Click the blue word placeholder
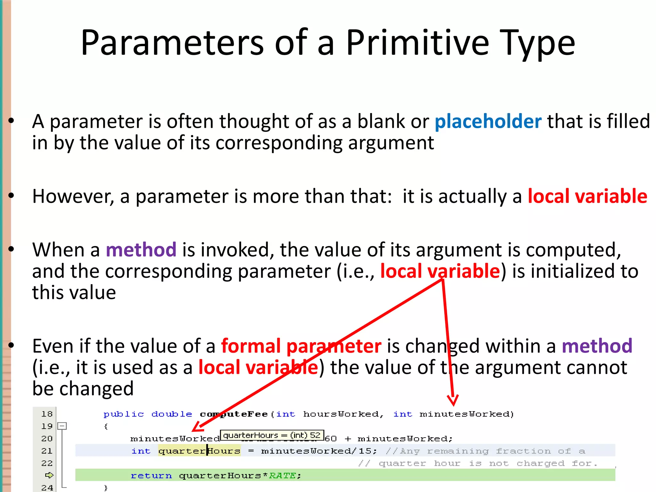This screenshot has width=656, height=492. pos(488,121)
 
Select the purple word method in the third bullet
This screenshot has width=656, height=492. pos(141,250)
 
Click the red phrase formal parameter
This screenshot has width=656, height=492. pos(301,346)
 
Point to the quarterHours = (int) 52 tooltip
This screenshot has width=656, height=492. pos(272,435)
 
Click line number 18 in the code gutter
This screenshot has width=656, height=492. pos(47,414)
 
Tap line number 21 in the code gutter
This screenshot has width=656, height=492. pos(47,451)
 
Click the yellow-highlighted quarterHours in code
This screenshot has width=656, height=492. pos(199,451)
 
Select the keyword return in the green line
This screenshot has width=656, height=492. pos(151,476)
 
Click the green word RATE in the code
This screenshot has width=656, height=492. pos(282,476)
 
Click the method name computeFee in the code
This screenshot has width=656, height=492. pos(234,414)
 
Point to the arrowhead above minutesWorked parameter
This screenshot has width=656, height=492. pos(453,400)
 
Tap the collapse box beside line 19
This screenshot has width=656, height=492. pos(62,426)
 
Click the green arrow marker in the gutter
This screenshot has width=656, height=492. pos(49,475)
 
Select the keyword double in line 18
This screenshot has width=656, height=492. pos(172,414)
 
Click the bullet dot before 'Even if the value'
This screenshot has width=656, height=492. pos(12,345)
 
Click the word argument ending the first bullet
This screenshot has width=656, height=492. pos(391,143)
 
